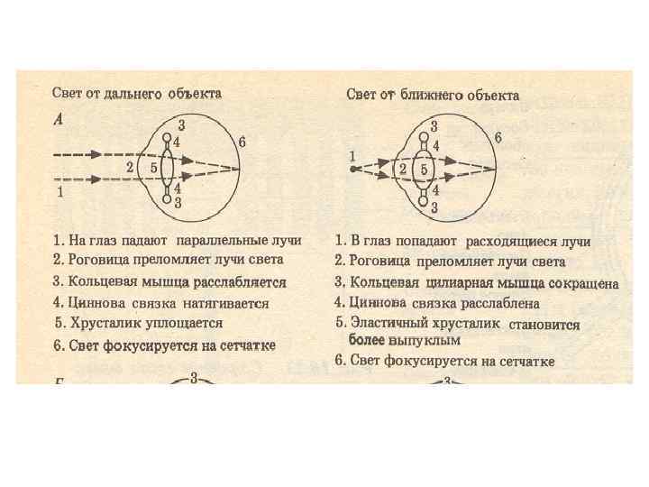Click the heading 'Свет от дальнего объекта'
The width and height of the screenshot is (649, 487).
tap(136, 93)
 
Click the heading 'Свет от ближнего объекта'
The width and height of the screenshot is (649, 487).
tap(433, 95)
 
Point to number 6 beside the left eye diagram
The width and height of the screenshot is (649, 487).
tap(242, 142)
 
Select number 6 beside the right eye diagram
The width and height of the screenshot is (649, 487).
tap(498, 137)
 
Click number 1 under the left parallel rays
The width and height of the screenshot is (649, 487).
tap(59, 191)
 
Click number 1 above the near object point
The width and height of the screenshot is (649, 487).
tap(352, 156)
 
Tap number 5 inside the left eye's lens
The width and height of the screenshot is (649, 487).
tap(154, 167)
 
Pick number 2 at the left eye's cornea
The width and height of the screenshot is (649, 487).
tap(130, 167)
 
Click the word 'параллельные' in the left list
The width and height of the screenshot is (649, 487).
tap(217, 242)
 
